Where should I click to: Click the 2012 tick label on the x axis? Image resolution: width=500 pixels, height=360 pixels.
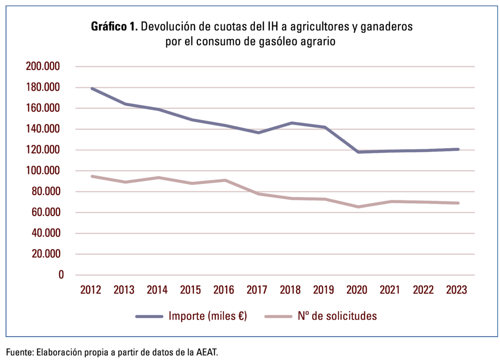(x=91, y=290)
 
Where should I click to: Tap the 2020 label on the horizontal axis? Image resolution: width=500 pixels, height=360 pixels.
(x=357, y=290)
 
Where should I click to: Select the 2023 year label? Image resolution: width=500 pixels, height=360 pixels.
(x=457, y=290)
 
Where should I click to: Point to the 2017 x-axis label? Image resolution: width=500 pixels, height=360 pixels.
(x=257, y=290)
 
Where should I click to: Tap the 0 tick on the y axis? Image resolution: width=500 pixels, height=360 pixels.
(x=61, y=275)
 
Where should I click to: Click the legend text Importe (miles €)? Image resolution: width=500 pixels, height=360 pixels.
(x=208, y=316)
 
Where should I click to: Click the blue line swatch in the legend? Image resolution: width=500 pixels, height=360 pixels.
(x=149, y=317)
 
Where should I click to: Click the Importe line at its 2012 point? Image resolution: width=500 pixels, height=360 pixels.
(x=91, y=88)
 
